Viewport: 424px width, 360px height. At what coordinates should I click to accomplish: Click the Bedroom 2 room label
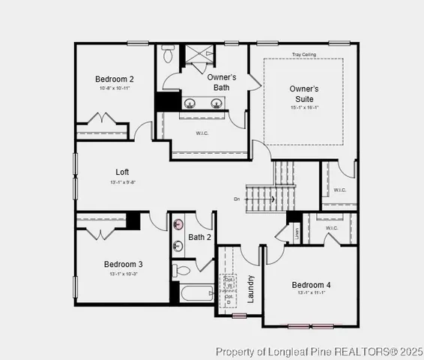click(115, 79)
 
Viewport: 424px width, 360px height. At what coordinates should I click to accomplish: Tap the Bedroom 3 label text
click(124, 264)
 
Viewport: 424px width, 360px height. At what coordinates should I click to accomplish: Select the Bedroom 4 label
click(311, 285)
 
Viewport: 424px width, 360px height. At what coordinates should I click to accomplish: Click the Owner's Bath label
click(221, 82)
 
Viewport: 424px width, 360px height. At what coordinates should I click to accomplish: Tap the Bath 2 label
click(200, 238)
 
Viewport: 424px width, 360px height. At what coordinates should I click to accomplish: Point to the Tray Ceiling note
click(304, 54)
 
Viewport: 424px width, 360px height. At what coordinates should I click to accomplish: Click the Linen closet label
click(297, 232)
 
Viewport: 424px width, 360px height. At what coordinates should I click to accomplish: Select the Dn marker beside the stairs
click(237, 199)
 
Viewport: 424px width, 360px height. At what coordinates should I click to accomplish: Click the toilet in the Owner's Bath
click(168, 55)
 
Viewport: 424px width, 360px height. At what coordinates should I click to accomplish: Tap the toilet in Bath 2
click(182, 271)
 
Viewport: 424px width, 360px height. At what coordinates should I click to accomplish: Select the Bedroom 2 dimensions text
click(115, 88)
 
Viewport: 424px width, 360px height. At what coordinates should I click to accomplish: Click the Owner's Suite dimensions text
click(304, 107)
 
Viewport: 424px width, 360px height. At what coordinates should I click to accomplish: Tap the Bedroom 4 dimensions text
click(311, 294)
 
